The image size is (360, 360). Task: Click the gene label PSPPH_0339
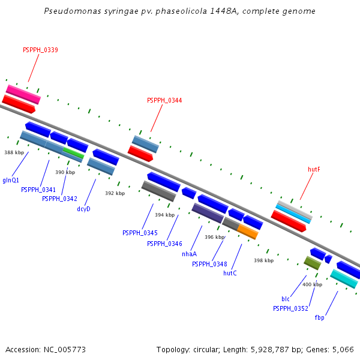click(40, 50)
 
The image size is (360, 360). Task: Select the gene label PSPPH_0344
click(164, 100)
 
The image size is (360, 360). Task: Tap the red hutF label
click(314, 169)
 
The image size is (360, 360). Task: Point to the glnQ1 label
click(11, 180)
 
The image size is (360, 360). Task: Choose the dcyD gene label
click(83, 209)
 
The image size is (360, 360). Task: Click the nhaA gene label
click(189, 254)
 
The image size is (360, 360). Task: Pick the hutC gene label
click(230, 273)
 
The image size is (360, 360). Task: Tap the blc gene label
click(286, 299)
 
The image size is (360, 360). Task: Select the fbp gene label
click(319, 317)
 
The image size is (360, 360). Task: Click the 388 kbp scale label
click(14, 152)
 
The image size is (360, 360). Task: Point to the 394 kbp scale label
click(164, 215)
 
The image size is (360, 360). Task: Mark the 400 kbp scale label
click(312, 284)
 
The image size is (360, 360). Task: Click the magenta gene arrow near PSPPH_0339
click(23, 94)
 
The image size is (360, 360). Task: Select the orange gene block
click(247, 231)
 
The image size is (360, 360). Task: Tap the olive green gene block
click(312, 262)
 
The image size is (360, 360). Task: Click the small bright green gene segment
click(73, 153)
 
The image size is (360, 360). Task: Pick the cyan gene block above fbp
click(344, 278)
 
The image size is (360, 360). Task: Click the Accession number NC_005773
click(65, 349)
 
